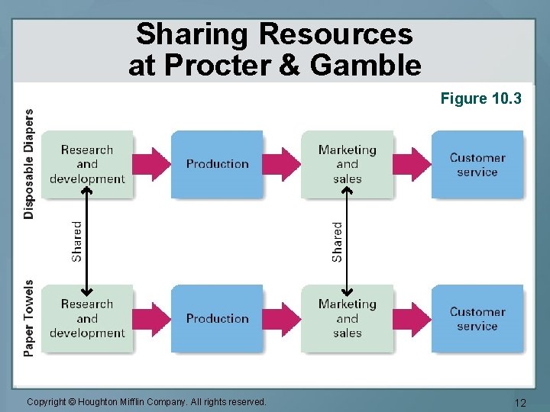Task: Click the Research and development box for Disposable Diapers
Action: [87, 164]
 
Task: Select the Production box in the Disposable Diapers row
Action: [217, 164]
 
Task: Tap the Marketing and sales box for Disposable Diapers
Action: [347, 164]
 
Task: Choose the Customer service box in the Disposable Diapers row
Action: [477, 164]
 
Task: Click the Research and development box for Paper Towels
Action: [87, 318]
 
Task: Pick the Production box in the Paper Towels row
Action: [217, 318]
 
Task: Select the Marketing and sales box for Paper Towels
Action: [347, 318]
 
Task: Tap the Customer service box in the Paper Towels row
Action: [477, 318]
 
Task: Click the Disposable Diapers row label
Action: [29, 164]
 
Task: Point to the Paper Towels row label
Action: [29, 318]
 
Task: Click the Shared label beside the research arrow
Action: [76, 241]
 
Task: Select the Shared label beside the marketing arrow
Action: [337, 241]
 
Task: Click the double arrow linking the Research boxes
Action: [88, 241]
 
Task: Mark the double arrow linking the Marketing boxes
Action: [348, 241]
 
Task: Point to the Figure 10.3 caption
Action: [480, 98]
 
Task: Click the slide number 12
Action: [521, 402]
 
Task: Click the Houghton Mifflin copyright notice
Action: [147, 401]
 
